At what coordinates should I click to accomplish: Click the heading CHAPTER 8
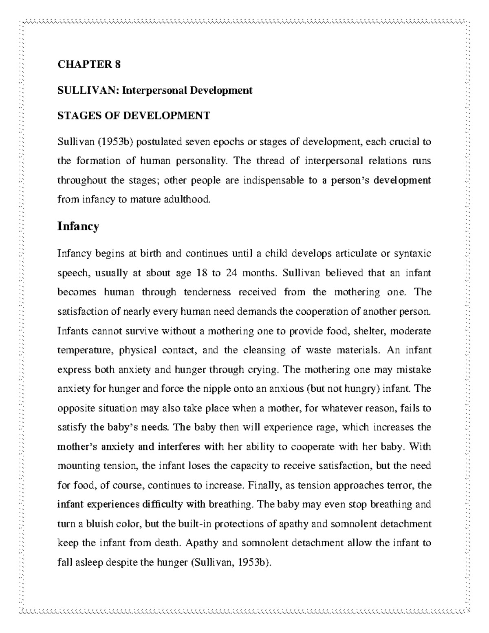pyautogui.click(x=89, y=65)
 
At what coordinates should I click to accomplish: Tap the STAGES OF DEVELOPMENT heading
pyautogui.click(x=134, y=116)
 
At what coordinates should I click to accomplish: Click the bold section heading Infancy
pyautogui.click(x=78, y=226)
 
